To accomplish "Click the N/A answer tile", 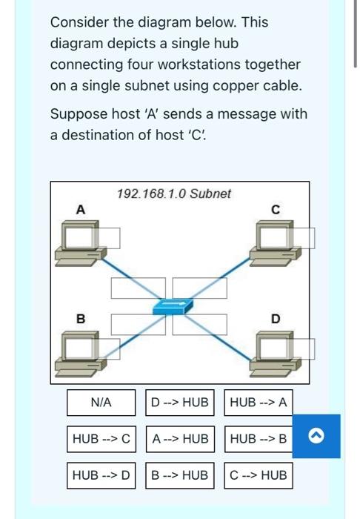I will point(101,403).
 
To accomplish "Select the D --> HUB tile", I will point(179,403).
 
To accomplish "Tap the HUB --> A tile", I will point(258,403).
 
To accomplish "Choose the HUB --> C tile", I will point(101,439).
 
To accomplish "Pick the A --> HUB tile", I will point(179,439).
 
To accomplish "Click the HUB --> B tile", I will point(258,439).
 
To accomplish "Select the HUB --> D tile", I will point(101,475).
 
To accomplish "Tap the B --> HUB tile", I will point(179,475).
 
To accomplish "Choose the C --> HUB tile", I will point(258,475).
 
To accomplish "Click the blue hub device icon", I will point(173,305).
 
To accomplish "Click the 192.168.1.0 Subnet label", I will point(174,194).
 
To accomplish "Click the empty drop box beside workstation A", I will point(106,237).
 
